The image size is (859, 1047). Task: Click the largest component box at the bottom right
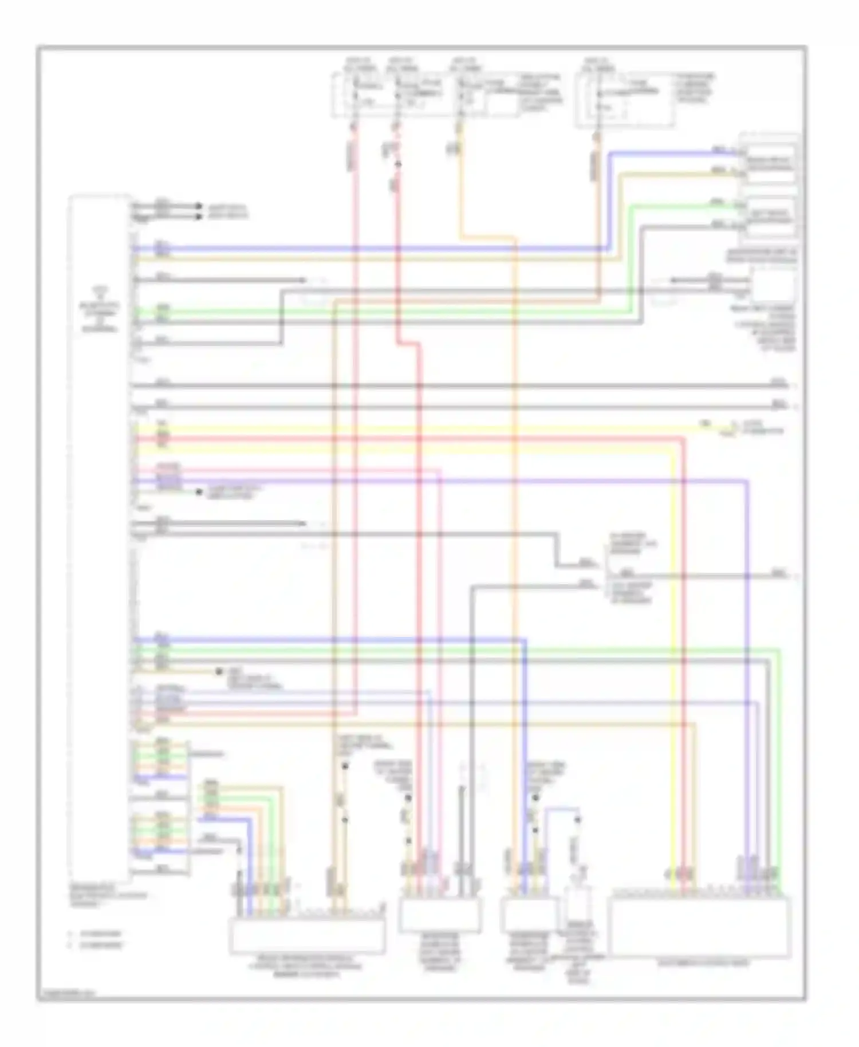[x=700, y=927]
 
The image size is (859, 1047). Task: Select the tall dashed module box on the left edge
[x=98, y=533]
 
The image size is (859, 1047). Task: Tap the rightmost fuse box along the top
[x=625, y=99]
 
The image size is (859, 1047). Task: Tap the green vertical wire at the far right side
[x=779, y=762]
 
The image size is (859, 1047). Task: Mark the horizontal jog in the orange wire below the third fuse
[x=487, y=237]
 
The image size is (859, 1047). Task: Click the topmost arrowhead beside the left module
[x=199, y=206]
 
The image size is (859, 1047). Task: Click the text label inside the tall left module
[x=98, y=309]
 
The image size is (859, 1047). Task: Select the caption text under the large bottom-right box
[x=700, y=964]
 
